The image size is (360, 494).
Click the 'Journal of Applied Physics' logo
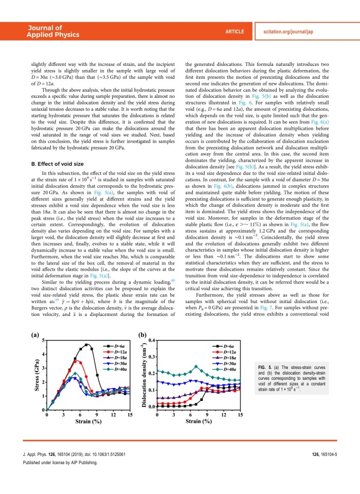53,31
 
